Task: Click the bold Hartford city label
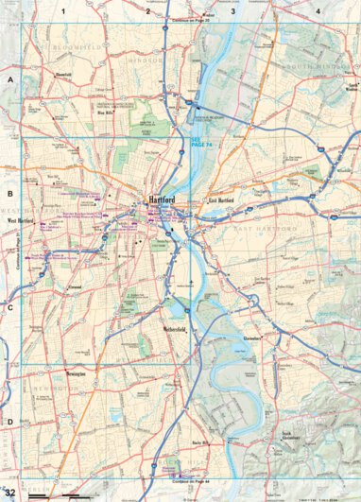(163, 200)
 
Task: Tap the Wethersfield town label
(173, 329)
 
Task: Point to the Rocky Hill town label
(199, 441)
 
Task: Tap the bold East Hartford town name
(220, 201)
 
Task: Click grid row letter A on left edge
(10, 81)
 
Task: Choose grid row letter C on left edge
(10, 307)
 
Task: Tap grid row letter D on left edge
(10, 422)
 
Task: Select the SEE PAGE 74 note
(202, 138)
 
